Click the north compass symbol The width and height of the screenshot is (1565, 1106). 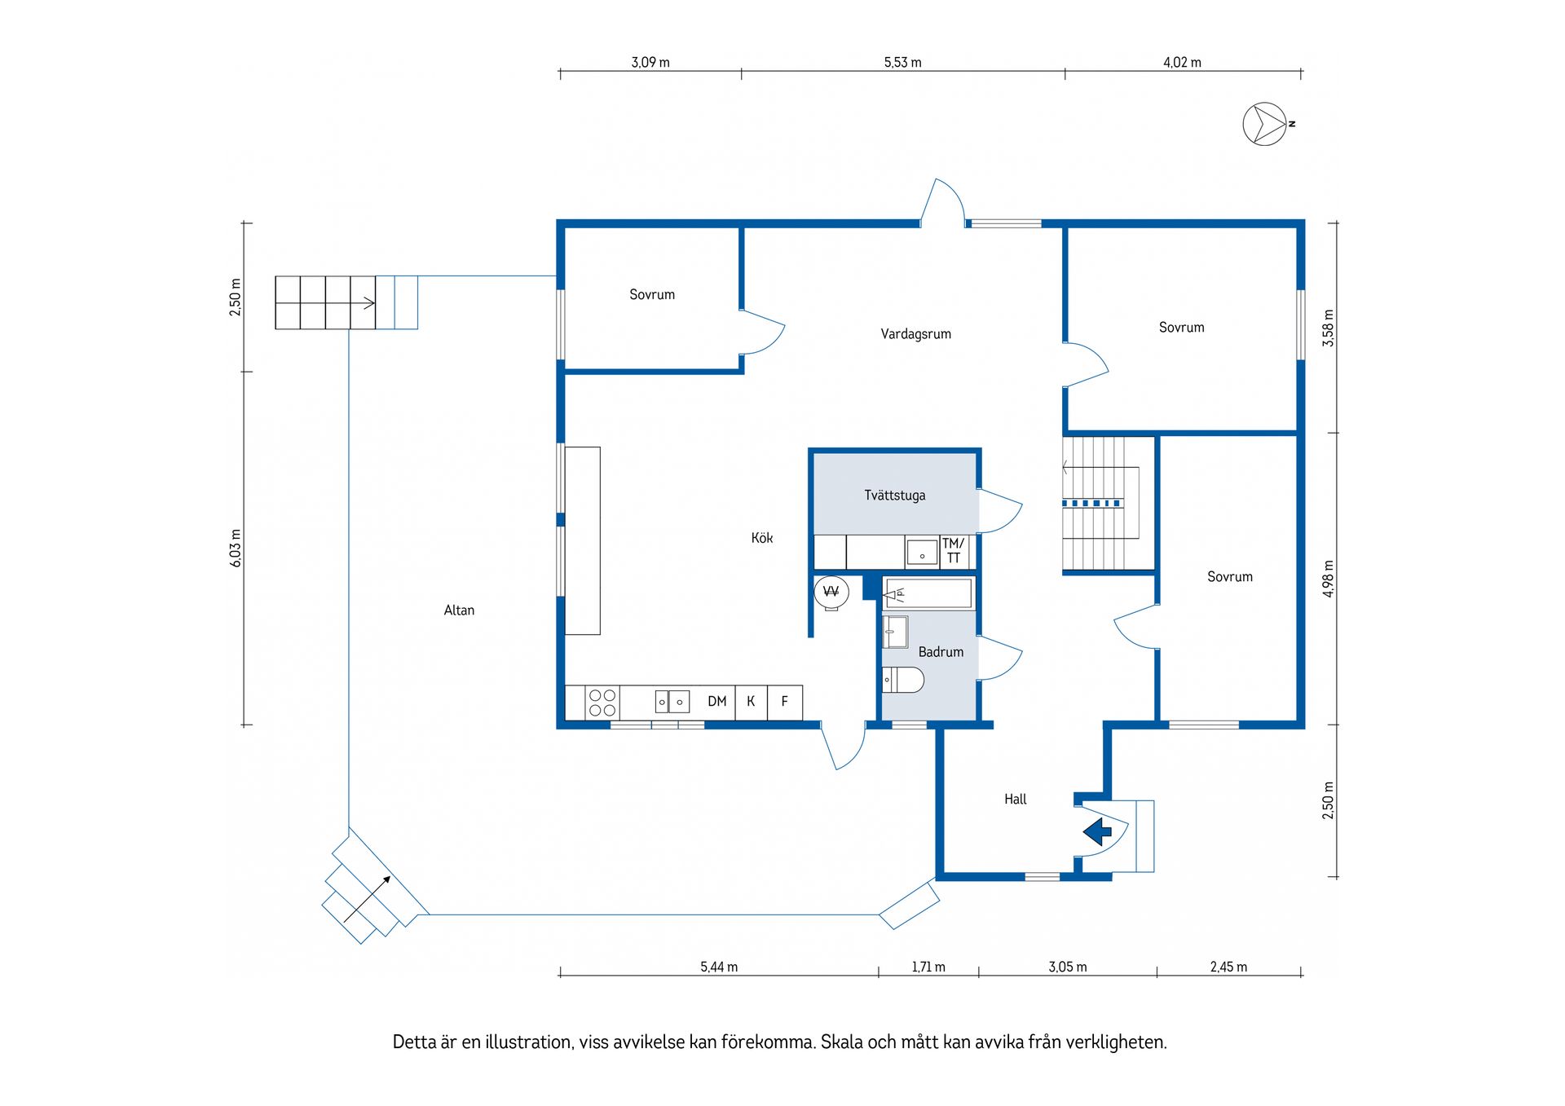click(1264, 124)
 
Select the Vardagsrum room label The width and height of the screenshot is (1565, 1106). click(915, 334)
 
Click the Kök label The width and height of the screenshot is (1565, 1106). click(762, 538)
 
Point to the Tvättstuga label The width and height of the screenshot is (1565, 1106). click(895, 496)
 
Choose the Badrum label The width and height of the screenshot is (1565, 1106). click(941, 652)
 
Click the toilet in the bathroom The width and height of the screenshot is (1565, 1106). click(902, 680)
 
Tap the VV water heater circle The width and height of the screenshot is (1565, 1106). click(831, 593)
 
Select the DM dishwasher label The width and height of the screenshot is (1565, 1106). click(717, 702)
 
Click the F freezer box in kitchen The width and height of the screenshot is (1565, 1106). click(785, 702)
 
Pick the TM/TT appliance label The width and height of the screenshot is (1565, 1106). click(954, 551)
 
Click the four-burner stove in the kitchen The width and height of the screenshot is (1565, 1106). click(602, 703)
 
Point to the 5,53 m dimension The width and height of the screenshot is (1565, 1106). click(902, 63)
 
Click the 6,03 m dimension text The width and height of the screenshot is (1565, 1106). click(236, 548)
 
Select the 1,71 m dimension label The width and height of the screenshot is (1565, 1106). click(928, 967)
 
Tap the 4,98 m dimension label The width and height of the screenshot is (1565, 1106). click(1329, 579)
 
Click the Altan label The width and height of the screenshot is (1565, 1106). click(459, 610)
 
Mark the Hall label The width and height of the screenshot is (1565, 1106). click(1016, 800)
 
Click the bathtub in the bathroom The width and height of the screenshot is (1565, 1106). click(928, 593)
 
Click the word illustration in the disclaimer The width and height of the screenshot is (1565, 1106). click(529, 1042)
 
